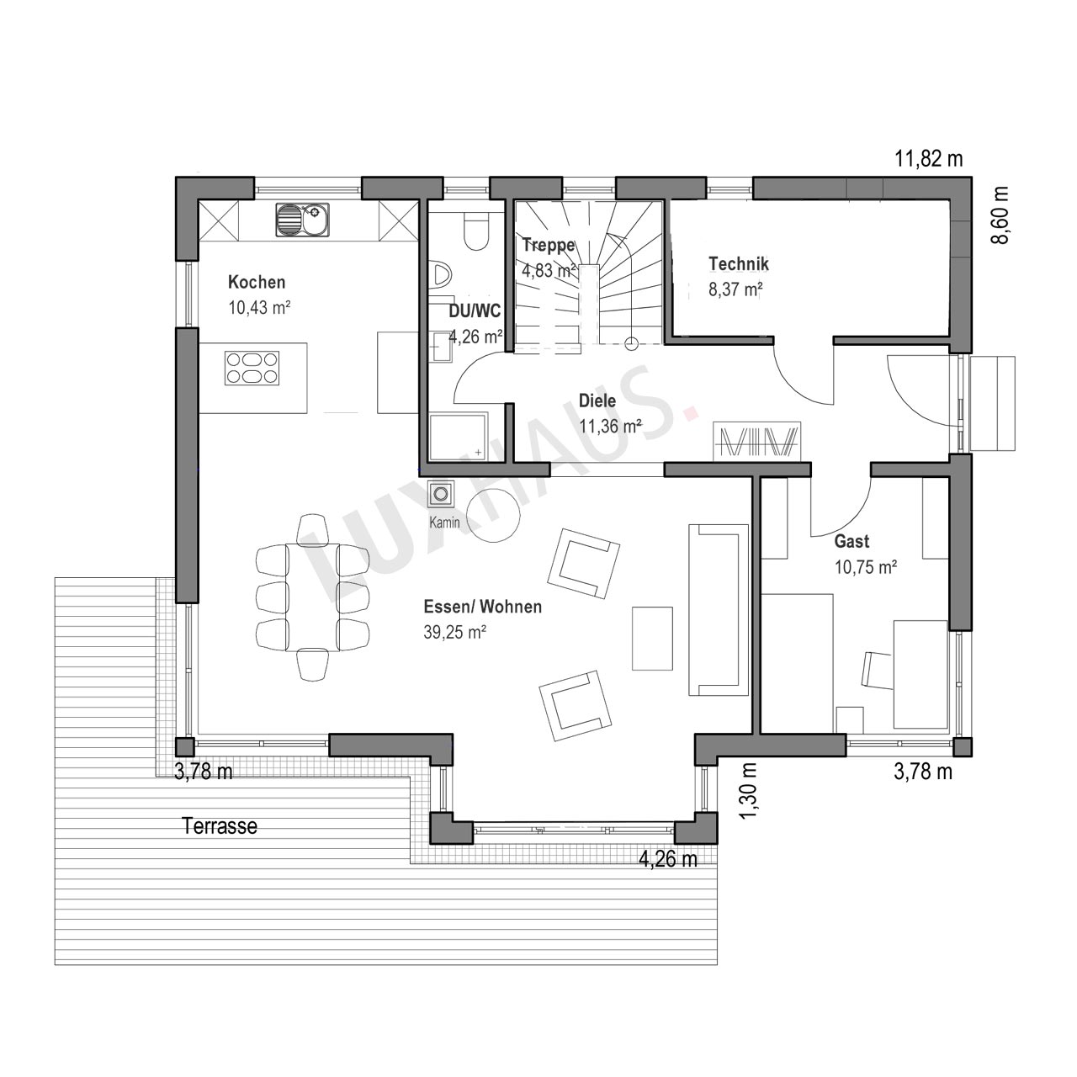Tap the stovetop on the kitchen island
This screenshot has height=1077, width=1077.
[252, 369]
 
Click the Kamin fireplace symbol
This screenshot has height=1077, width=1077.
[441, 494]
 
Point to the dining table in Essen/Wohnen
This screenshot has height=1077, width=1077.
[312, 597]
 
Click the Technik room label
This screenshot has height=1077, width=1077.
[738, 264]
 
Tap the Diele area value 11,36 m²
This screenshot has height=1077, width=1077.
[610, 427]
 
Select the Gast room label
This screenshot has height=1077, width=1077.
[852, 542]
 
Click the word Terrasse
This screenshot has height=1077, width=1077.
[220, 825]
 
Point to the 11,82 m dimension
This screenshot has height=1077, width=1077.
[929, 159]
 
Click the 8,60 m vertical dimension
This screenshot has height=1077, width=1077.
[1000, 215]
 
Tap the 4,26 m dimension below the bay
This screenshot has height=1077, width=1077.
[668, 859]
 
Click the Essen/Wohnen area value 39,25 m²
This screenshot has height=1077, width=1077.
[454, 632]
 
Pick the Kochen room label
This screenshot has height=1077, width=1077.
[257, 282]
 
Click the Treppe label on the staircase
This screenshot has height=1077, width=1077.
[549, 246]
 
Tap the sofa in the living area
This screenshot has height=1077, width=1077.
[719, 610]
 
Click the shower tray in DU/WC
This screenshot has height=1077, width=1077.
[459, 437]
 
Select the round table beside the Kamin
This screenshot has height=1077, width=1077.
[494, 515]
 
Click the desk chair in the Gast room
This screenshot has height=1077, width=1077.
[877, 670]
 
